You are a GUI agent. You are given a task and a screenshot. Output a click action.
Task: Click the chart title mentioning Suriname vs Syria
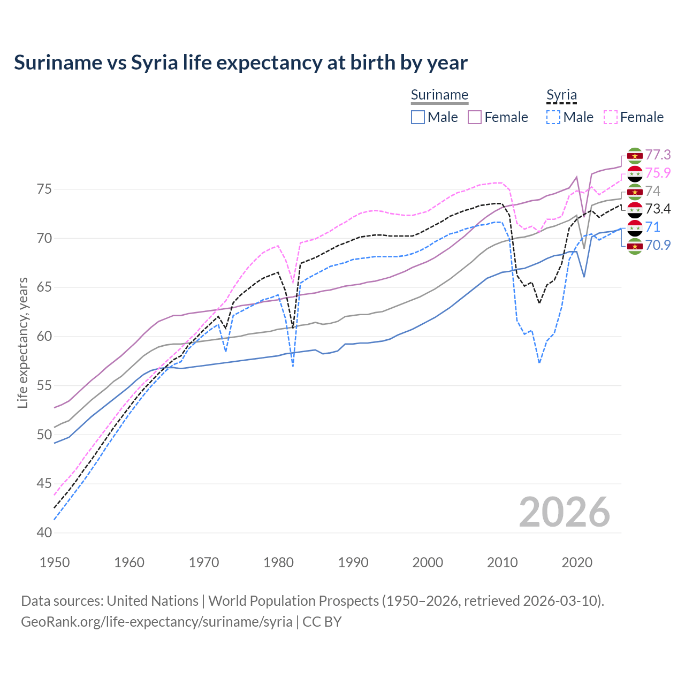pos(241,63)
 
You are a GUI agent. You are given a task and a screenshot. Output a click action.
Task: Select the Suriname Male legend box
pos(418,117)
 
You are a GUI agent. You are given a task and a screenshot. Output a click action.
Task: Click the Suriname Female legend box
pos(475,117)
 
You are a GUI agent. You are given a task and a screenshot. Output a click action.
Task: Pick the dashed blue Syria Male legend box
pos(553,117)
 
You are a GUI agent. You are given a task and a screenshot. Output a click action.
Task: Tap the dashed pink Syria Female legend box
pos(611,117)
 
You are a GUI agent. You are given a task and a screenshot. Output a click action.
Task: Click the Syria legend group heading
pos(561,95)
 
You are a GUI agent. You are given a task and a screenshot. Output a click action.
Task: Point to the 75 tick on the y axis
pos(44,189)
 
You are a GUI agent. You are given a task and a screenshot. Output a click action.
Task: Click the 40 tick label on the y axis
pos(44,533)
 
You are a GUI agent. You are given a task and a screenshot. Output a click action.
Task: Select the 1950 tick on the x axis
pos(55,562)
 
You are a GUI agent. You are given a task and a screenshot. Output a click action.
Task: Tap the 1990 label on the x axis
pos(353,562)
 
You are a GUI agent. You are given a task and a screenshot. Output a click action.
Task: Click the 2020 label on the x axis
pos(577,562)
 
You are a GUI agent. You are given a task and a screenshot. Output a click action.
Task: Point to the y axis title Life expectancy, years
pos(22,342)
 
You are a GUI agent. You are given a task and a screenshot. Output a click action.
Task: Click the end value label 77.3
pos(658,155)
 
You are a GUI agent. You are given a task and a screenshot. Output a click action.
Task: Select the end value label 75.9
pos(658,173)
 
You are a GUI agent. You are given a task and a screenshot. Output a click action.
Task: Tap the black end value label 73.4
pos(658,209)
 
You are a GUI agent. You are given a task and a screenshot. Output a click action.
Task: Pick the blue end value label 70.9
pos(658,246)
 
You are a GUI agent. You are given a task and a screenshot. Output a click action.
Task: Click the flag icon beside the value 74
pos(635,192)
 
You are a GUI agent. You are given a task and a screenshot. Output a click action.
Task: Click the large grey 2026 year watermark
pos(564,513)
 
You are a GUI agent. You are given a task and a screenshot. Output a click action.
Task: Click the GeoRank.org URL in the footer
pos(156,622)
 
